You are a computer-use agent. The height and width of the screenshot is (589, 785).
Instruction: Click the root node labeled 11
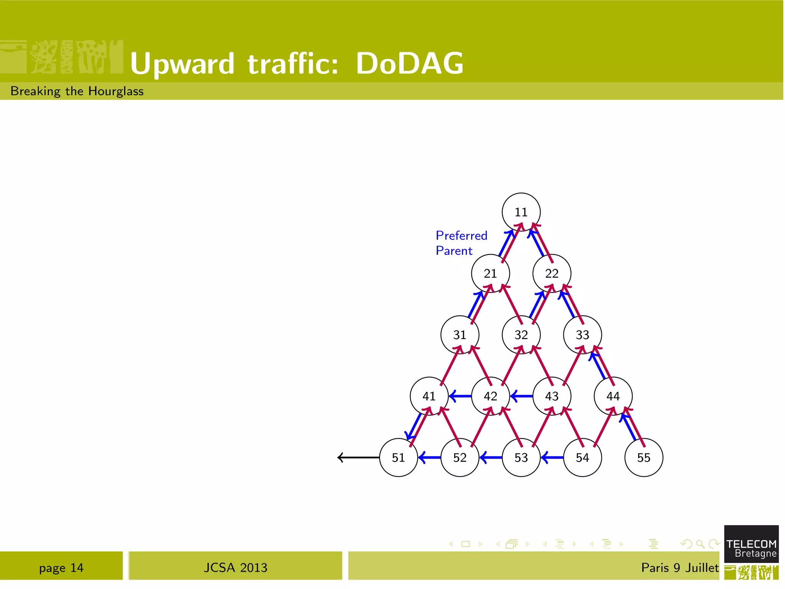point(521,212)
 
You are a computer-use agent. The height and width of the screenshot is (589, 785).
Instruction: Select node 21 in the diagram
point(490,273)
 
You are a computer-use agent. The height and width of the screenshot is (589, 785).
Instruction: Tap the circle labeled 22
point(552,273)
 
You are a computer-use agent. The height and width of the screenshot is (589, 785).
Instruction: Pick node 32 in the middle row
point(521,334)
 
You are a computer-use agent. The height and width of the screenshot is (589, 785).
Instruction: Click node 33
point(582,334)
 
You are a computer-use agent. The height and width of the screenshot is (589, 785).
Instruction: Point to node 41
point(429,396)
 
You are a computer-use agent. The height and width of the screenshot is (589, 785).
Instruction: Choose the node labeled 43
point(552,396)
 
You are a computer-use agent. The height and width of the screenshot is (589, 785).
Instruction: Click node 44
point(613,396)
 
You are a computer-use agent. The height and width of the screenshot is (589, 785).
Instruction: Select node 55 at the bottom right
point(644,457)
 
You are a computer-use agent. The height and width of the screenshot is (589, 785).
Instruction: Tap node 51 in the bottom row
point(398,457)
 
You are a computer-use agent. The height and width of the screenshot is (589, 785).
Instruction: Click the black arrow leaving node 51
point(358,457)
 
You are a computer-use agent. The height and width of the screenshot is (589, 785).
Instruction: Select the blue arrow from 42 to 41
point(460,396)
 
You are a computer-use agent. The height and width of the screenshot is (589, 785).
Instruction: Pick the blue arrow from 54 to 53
point(552,457)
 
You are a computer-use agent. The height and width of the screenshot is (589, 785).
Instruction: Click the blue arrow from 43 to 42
point(521,396)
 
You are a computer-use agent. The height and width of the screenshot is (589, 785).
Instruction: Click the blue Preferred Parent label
point(461,243)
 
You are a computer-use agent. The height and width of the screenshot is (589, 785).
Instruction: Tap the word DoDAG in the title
point(409,63)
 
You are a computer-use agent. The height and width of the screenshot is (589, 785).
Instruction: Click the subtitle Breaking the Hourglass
point(77,91)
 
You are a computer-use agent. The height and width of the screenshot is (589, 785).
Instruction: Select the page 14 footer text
point(61,568)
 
